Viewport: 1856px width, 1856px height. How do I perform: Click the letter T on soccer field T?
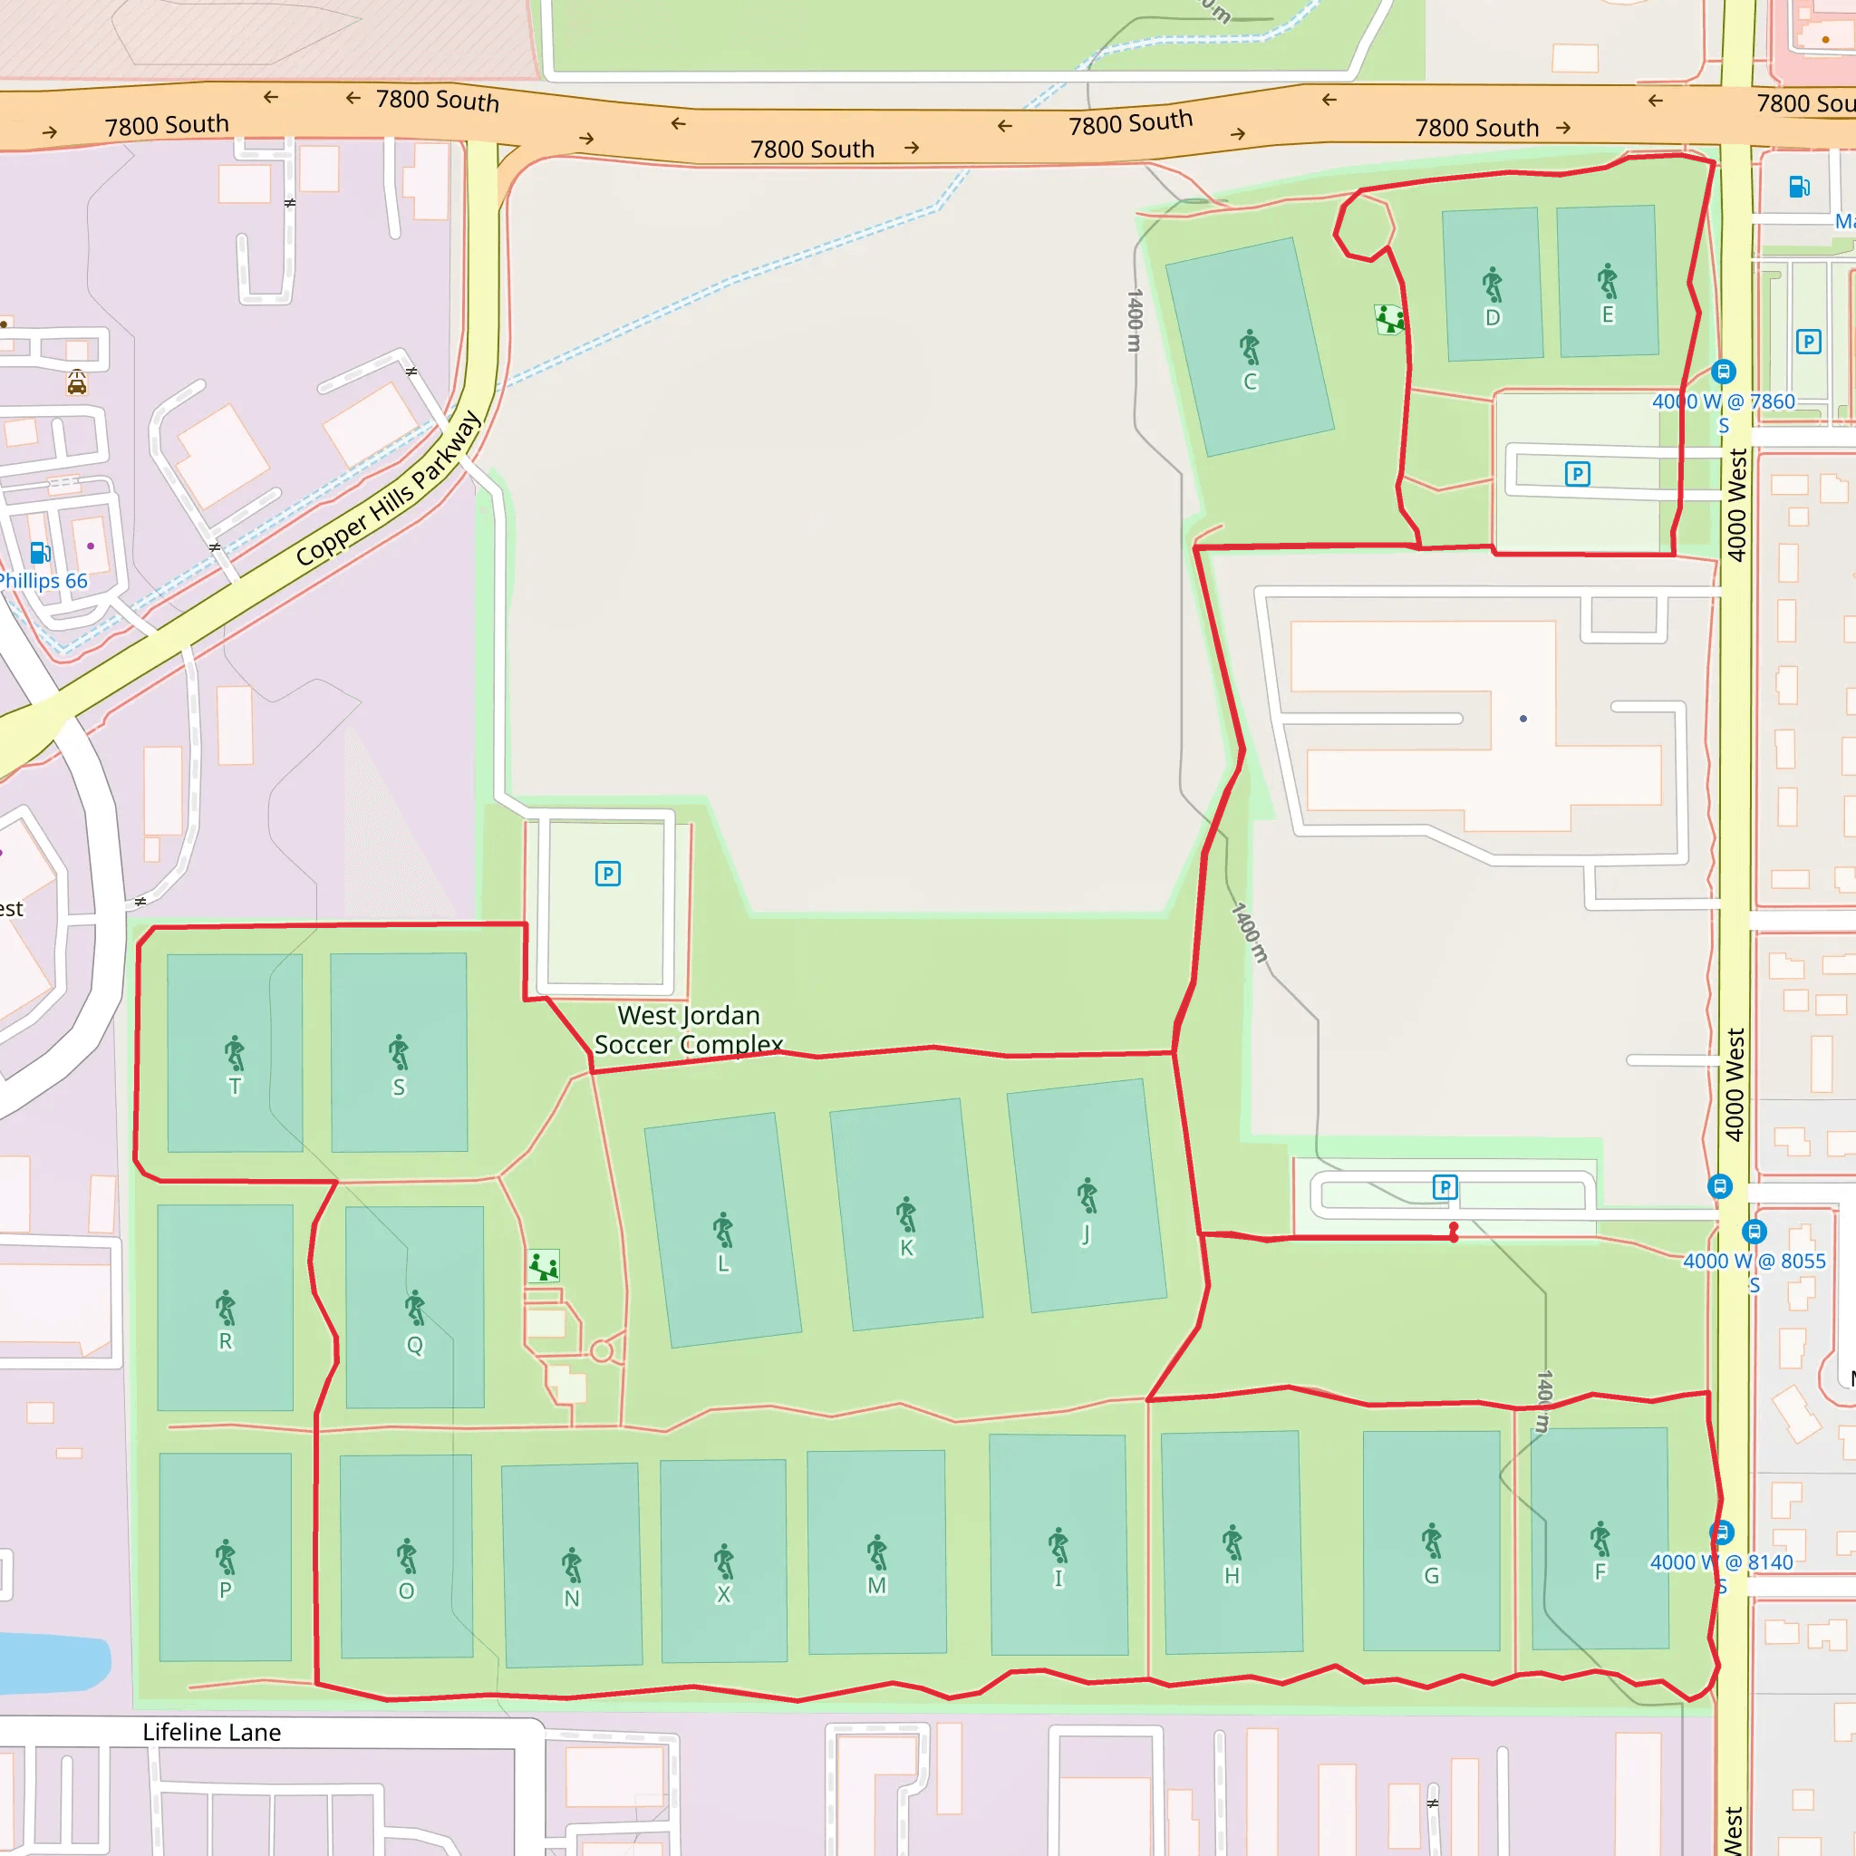(x=235, y=1087)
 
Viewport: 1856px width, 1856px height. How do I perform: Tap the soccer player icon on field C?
(x=1249, y=347)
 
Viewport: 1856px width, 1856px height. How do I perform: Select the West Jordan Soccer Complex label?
(x=688, y=1029)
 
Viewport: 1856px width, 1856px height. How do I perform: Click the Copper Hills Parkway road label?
(x=388, y=488)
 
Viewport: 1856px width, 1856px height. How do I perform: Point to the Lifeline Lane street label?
(x=211, y=1732)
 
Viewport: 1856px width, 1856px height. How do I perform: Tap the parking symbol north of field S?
(x=607, y=874)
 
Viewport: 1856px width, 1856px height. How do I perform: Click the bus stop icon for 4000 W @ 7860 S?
(x=1724, y=371)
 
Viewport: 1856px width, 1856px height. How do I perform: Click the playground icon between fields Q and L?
(x=544, y=1266)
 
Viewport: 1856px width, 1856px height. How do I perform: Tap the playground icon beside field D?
(x=1389, y=319)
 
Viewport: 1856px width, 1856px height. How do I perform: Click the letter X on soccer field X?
(x=723, y=1595)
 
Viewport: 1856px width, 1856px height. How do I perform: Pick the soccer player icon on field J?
(x=1087, y=1195)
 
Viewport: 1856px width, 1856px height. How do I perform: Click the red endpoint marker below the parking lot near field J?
(x=1454, y=1232)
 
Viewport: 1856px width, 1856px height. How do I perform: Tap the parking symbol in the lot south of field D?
(x=1577, y=474)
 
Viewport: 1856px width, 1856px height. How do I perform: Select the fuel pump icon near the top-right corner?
(x=1799, y=187)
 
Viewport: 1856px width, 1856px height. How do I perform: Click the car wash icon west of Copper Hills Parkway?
(x=77, y=384)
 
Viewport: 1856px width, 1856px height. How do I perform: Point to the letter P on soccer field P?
(x=225, y=1590)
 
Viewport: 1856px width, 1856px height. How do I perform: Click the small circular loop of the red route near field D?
(x=1363, y=225)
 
